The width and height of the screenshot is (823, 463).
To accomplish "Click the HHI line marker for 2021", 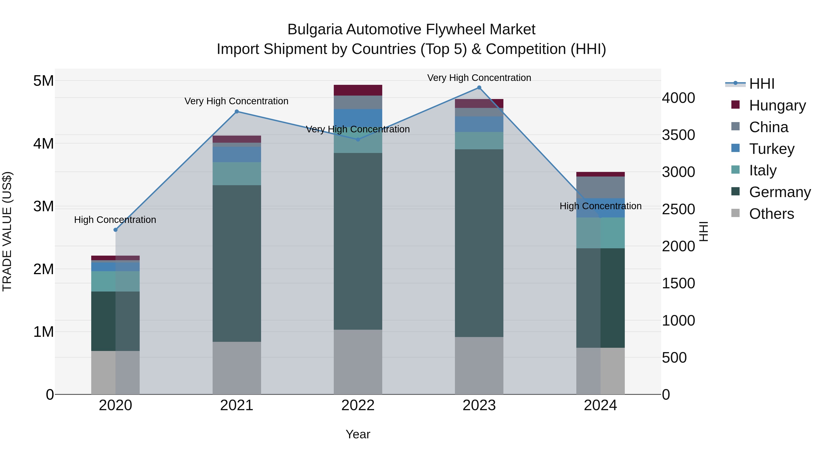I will [237, 112].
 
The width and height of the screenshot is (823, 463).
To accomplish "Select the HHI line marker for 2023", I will [479, 88].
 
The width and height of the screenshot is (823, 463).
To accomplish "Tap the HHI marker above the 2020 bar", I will [116, 230].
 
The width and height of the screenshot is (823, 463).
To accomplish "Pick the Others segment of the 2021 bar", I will [237, 368].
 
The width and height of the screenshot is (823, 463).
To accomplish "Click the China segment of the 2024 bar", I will [600, 187].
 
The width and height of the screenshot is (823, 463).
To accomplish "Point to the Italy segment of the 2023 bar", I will [479, 141].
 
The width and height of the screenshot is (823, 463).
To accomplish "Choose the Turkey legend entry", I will [771, 149].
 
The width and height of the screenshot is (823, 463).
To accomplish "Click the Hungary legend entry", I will [777, 105].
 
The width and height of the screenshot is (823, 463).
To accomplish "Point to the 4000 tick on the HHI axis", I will [678, 98].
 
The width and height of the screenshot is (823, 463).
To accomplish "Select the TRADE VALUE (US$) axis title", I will [7, 232].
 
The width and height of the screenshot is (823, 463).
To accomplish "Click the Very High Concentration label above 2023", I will [479, 78].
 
